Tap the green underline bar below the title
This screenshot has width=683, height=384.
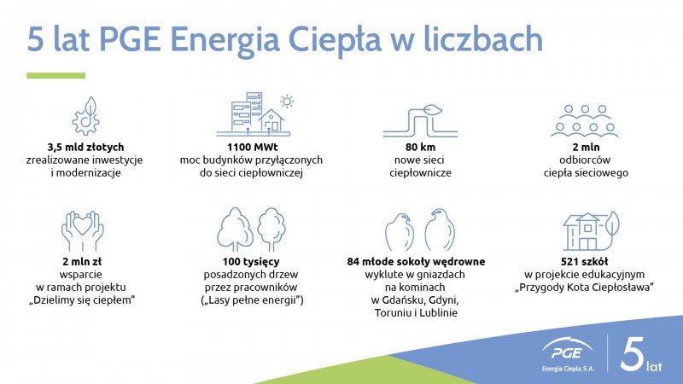[x=55, y=76]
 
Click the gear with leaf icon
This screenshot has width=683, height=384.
[x=85, y=116]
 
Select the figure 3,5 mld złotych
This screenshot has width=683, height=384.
[x=86, y=147]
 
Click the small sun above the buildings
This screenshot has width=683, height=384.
[x=287, y=102]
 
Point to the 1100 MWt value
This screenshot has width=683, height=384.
[x=252, y=147]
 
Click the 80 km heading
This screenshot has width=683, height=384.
[x=420, y=147]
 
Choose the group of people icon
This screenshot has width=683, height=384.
[x=585, y=120]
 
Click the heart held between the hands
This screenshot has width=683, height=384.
[x=82, y=225]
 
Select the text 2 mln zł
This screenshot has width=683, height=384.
[x=82, y=262]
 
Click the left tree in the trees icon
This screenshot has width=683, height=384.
[x=235, y=229]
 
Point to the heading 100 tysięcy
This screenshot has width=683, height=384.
[x=251, y=262]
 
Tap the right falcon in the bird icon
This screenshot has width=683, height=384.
[x=440, y=230]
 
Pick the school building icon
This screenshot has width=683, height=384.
[x=591, y=230]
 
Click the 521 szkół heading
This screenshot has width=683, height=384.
[x=584, y=262]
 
